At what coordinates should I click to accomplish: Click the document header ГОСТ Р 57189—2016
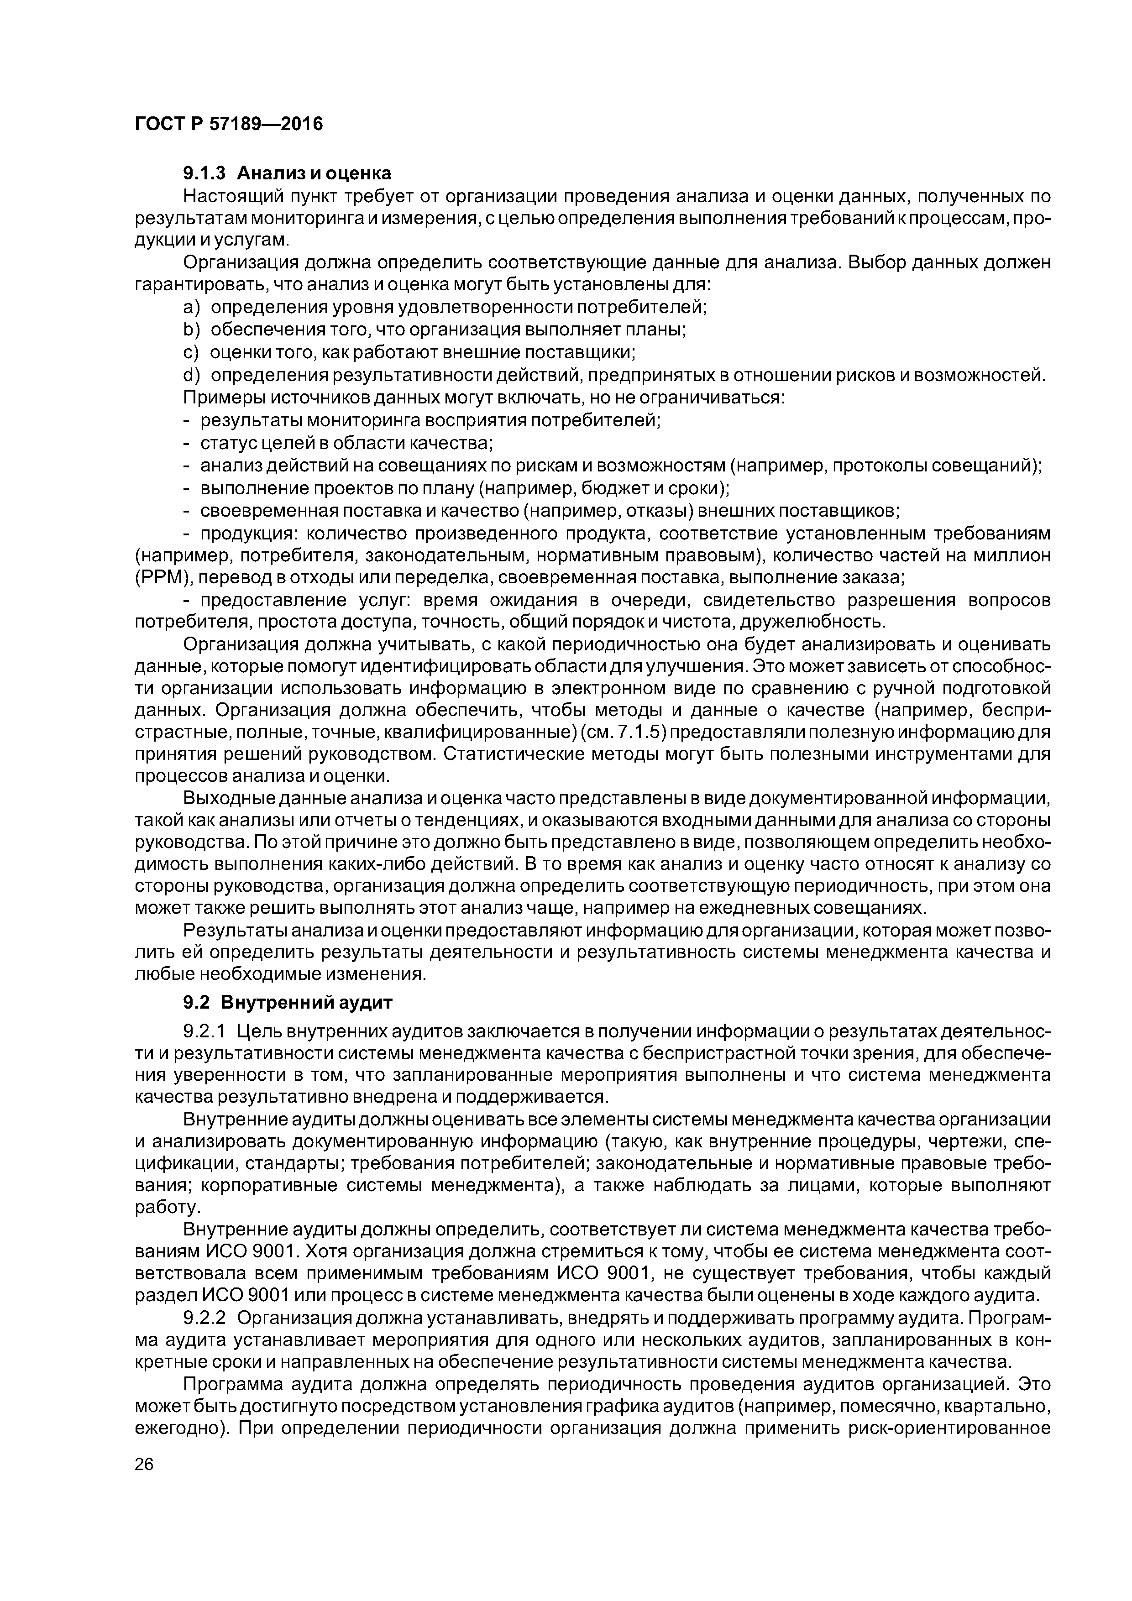[229, 124]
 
